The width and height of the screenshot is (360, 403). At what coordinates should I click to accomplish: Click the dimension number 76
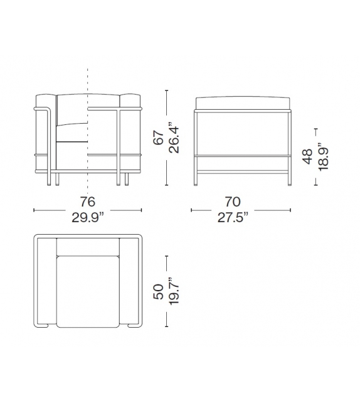(88, 202)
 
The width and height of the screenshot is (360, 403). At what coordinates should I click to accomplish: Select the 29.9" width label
(88, 217)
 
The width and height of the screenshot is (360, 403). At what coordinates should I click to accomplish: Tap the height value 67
(159, 137)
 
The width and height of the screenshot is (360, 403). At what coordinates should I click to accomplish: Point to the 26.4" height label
(177, 137)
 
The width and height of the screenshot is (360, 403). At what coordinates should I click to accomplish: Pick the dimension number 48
(307, 156)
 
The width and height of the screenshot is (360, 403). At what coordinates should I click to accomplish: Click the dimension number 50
(159, 291)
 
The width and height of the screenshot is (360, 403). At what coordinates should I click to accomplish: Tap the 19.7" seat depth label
(176, 291)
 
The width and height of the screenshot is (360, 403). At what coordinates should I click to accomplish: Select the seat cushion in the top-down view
(88, 292)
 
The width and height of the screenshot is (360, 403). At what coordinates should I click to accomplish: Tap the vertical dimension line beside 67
(166, 137)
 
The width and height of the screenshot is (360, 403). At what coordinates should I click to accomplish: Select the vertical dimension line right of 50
(166, 291)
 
